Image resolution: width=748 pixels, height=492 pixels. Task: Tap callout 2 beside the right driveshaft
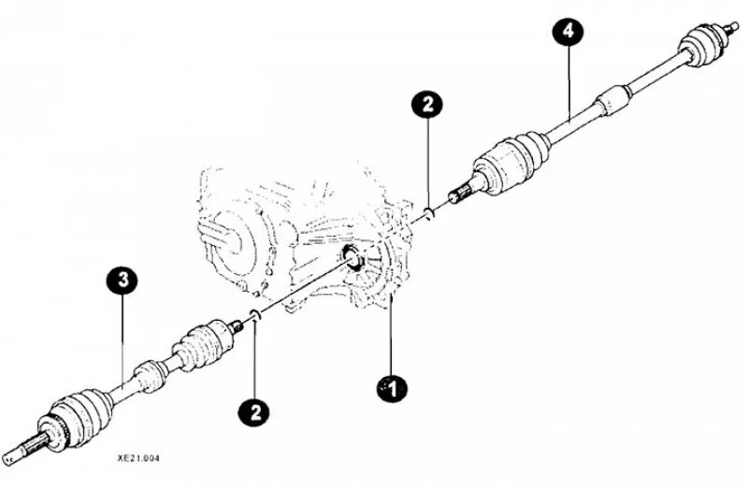(x=426, y=104)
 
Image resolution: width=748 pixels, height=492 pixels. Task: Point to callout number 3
(x=123, y=279)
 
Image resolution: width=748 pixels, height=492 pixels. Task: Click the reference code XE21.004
(x=137, y=460)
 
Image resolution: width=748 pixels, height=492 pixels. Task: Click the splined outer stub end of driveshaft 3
(x=19, y=451)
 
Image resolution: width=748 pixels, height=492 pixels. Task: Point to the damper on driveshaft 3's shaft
(x=149, y=374)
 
